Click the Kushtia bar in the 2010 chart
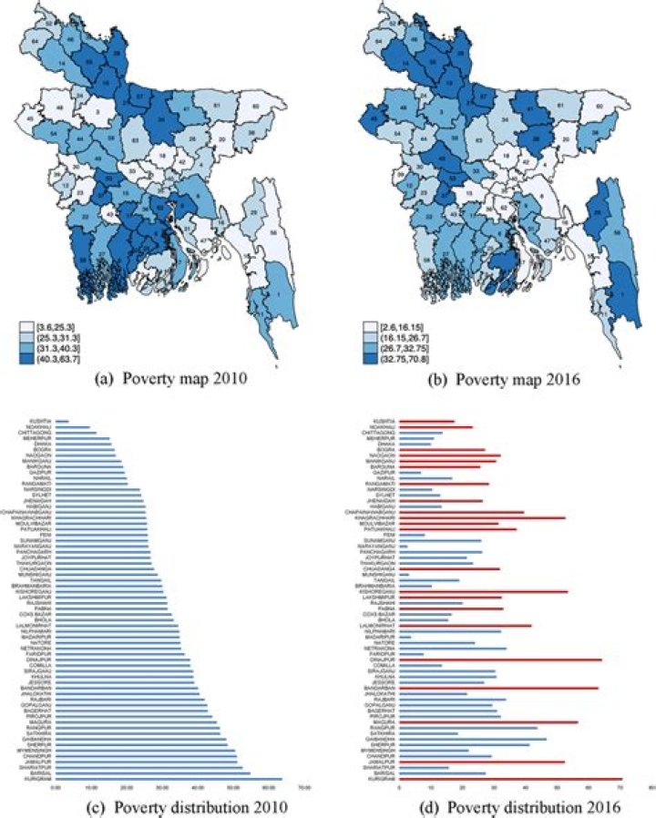(x=63, y=421)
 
